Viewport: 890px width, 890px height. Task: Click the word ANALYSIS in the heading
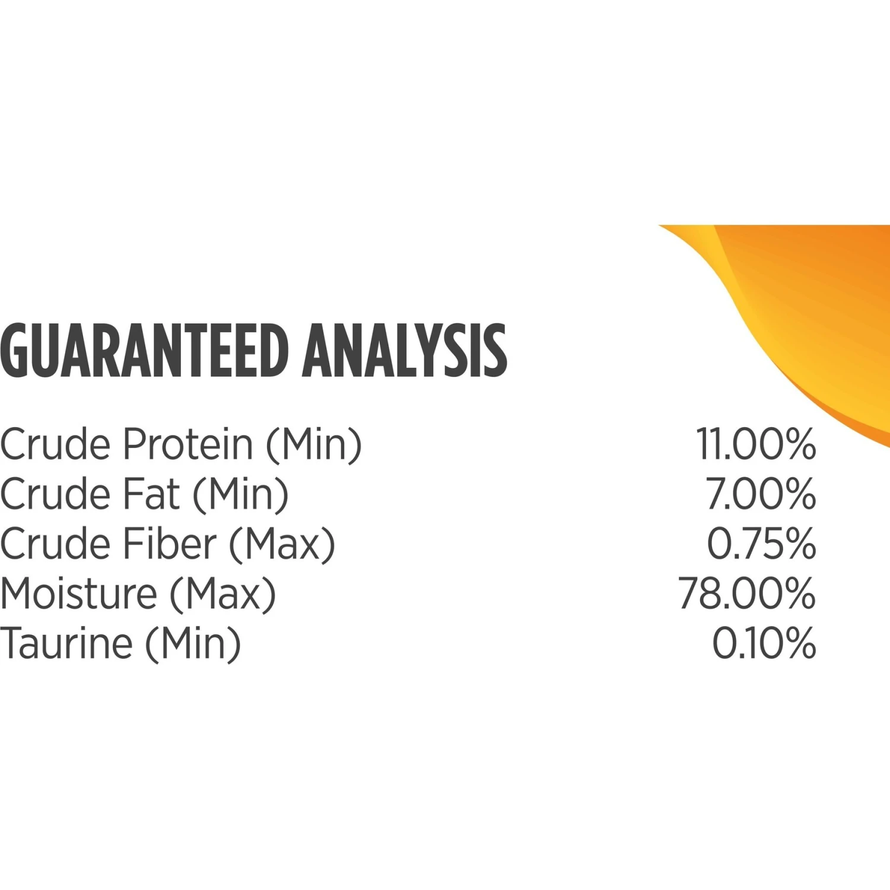[x=405, y=351]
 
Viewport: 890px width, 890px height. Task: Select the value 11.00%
[x=756, y=444]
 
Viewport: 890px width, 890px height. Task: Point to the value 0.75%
[x=761, y=543]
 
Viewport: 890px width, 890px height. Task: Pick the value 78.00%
[x=748, y=593]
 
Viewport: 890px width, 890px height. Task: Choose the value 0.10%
[x=764, y=643]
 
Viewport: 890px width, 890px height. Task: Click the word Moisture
[x=79, y=593]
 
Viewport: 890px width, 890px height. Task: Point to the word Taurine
[x=66, y=643]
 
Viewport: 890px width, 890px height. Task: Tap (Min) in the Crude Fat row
[x=241, y=495]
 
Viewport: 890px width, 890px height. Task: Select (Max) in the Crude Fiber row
[x=282, y=545]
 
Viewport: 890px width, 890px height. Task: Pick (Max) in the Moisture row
[x=223, y=595]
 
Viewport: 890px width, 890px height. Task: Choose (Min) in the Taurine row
[x=193, y=644]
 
